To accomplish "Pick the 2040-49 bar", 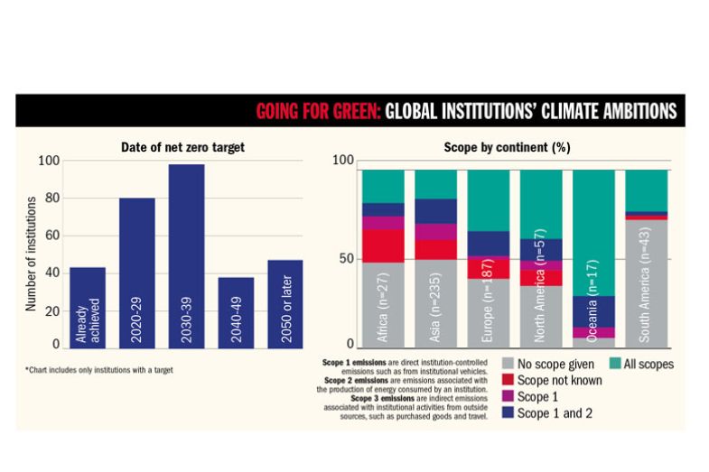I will pyautogui.click(x=236, y=311).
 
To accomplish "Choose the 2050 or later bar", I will pyautogui.click(x=285, y=303).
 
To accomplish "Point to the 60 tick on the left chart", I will pyautogui.click(x=49, y=235).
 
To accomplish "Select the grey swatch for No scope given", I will pyautogui.click(x=508, y=365).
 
